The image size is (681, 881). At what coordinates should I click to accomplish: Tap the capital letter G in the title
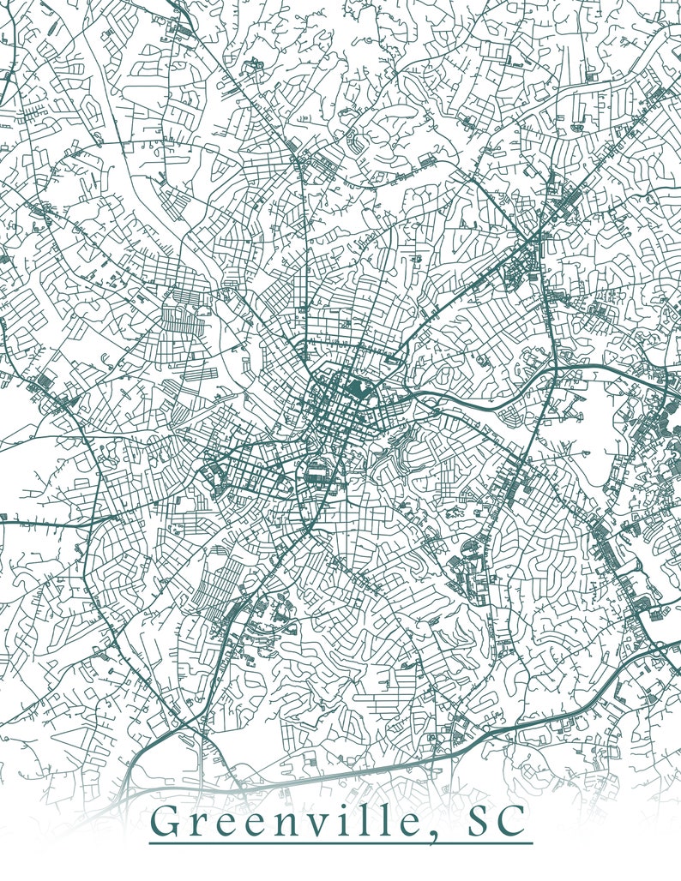169,823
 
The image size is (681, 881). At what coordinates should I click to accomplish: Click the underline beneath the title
340,844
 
